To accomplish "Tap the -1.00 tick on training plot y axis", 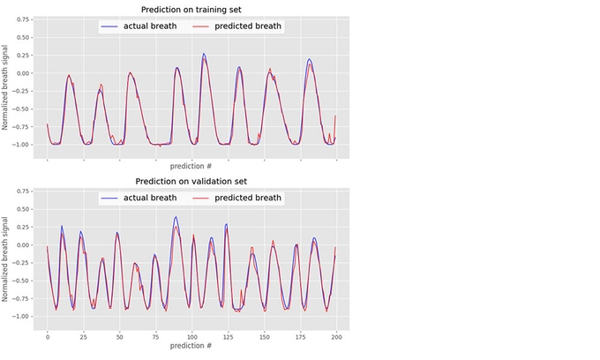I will [21, 144].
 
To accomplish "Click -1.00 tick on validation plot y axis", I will [21, 316].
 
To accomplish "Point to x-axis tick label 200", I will [335, 336].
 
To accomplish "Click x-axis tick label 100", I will [191, 336].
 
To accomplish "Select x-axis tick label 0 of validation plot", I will [47, 336].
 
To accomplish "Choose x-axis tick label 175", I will [299, 336].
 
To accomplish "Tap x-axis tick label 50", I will [119, 336].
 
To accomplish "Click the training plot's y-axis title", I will [6, 82].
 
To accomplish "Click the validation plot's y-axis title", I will [6, 253].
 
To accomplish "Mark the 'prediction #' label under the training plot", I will [191, 165].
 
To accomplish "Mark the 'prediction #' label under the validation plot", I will [191, 346].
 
